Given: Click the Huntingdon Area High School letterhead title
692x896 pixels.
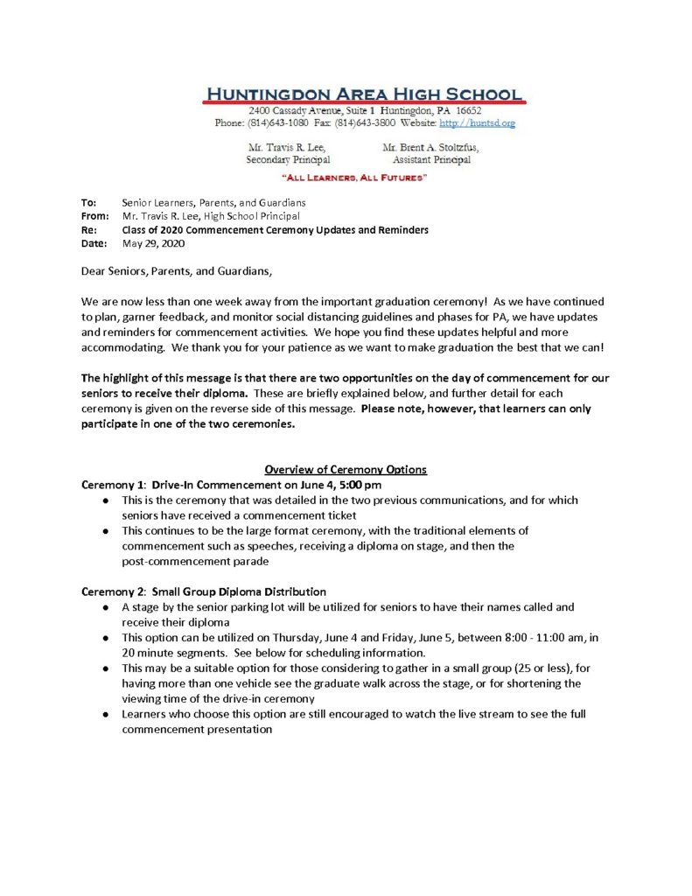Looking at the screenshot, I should pos(364,94).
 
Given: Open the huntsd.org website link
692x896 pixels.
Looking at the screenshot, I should pos(477,123).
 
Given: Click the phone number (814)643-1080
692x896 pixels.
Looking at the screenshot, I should pos(284,123).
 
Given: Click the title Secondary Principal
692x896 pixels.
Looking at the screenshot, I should pos(288,160).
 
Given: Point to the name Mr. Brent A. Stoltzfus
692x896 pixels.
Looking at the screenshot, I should pos(430,148).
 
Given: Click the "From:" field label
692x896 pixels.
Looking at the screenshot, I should pos(94,216).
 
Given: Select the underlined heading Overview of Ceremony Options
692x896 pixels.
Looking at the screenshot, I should pos(346,470).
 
